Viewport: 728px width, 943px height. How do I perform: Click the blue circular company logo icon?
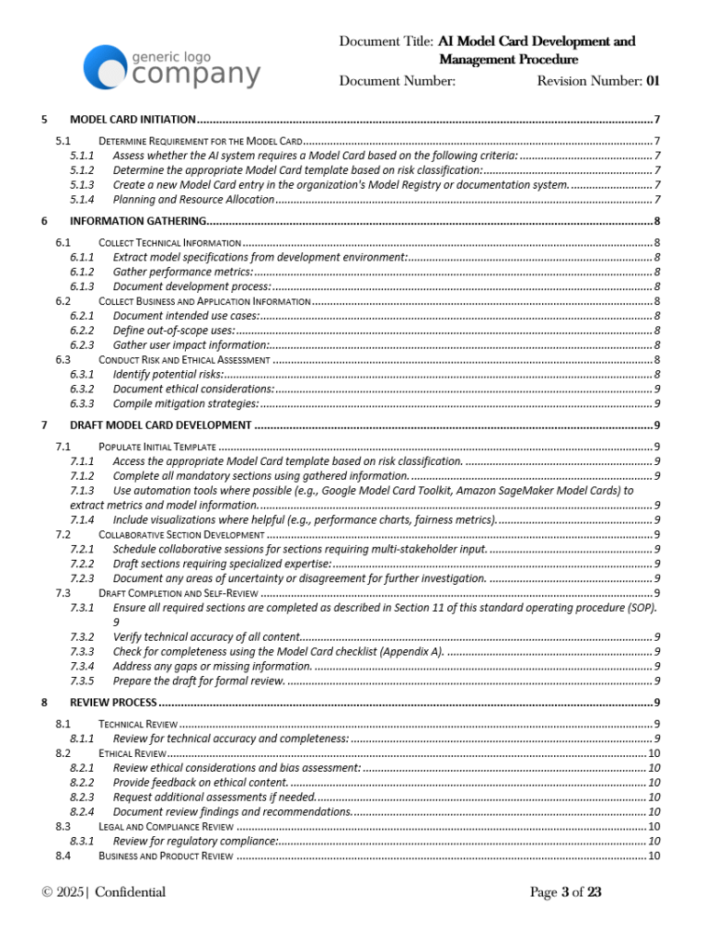106,68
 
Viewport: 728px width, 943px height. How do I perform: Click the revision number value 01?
653,81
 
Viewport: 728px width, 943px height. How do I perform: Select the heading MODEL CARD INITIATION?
133,120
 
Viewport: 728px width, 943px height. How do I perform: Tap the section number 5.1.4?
82,200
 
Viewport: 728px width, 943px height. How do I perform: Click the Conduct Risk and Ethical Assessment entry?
184,359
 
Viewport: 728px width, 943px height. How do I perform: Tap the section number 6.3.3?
82,403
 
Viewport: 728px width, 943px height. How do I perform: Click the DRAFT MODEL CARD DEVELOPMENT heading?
160,425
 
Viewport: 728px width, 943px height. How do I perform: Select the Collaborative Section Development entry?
181,534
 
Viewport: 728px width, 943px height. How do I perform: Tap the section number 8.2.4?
82,811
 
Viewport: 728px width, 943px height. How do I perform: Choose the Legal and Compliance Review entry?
166,827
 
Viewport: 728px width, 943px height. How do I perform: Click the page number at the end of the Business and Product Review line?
653,856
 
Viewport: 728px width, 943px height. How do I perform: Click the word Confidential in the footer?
130,892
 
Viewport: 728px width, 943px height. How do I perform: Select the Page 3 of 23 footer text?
565,892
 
